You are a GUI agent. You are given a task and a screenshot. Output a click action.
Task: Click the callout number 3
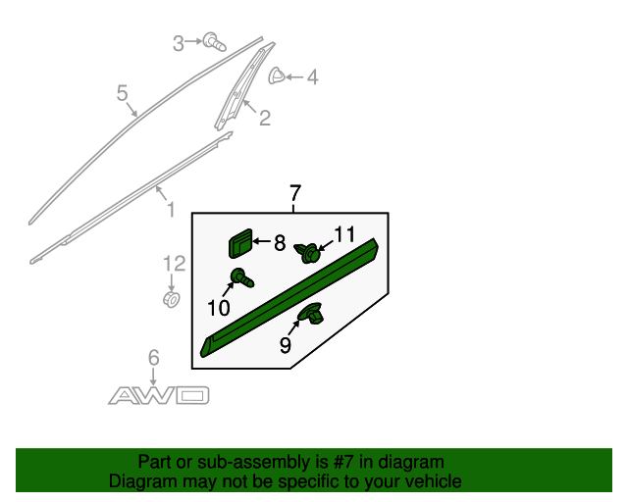(179, 42)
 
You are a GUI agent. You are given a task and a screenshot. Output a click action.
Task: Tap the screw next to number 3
(213, 41)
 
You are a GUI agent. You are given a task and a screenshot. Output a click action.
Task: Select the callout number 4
(312, 76)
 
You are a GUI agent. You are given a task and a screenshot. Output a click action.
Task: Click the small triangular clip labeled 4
(278, 75)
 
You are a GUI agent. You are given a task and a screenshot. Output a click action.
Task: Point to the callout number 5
(123, 93)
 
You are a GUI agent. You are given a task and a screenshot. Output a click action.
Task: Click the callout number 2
(264, 119)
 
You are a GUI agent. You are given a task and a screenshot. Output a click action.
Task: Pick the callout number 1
(169, 209)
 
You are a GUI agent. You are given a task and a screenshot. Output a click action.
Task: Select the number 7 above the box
(295, 193)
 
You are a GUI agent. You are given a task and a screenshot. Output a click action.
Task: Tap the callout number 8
(279, 241)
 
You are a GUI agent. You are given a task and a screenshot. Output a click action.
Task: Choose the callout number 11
(343, 234)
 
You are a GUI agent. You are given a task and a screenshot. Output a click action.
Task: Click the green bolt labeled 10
(241, 278)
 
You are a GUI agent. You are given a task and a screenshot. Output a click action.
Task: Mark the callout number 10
(218, 309)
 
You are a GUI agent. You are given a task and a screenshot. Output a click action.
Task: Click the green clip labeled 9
(313, 315)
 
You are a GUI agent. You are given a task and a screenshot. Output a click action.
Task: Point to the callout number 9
(285, 344)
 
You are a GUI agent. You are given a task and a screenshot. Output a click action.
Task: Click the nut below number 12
(171, 298)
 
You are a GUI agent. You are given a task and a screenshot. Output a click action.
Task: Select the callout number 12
(174, 263)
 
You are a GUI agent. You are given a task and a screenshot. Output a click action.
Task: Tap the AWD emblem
(158, 395)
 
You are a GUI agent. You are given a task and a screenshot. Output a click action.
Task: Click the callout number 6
(153, 358)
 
